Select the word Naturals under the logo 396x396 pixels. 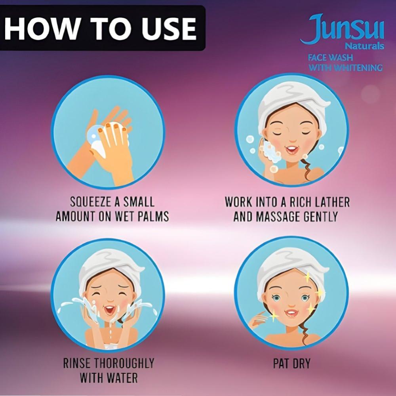pyautogui.click(x=364, y=46)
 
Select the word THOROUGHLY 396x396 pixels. pyautogui.click(x=124, y=363)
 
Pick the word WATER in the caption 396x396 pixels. pyautogui.click(x=122, y=378)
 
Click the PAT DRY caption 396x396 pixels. pyautogui.click(x=292, y=364)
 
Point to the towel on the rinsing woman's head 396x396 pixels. pyautogui.click(x=111, y=268)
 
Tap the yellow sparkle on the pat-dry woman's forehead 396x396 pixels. pyautogui.click(x=308, y=278)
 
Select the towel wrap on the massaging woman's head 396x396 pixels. pyautogui.click(x=293, y=101)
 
